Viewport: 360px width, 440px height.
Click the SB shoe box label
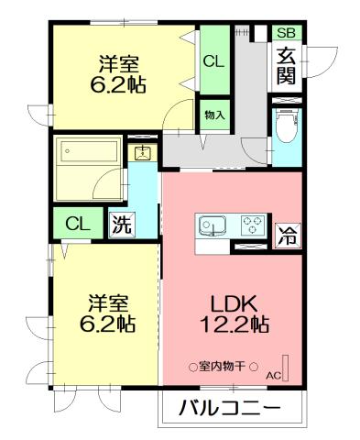288,32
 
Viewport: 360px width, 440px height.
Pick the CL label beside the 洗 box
78,223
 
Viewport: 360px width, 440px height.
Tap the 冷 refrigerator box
287,235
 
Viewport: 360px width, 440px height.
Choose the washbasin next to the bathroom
143,153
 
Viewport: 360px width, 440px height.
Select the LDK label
234,302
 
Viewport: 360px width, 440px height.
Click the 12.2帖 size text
234,324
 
